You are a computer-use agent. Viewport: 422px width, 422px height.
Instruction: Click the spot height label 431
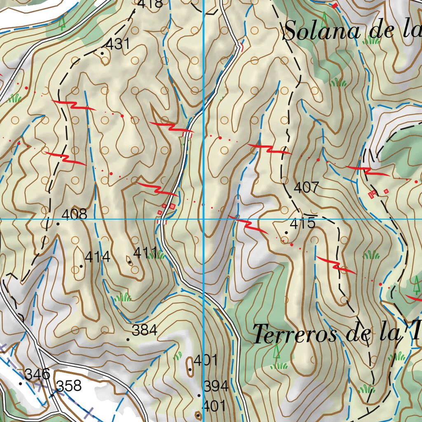pyautogui.click(x=118, y=44)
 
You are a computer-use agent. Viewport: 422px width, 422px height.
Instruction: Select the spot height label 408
pyautogui.click(x=74, y=214)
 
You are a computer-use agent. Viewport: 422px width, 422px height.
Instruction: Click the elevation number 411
pyautogui.click(x=145, y=252)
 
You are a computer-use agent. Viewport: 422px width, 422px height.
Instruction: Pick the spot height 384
pyautogui.click(x=144, y=330)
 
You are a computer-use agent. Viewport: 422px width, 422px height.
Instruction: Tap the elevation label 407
pyautogui.click(x=306, y=188)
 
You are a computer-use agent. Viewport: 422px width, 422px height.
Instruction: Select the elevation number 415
pyautogui.click(x=302, y=224)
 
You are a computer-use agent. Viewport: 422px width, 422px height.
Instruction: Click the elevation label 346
pyautogui.click(x=37, y=374)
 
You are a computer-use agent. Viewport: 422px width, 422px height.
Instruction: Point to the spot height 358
pyautogui.click(x=69, y=386)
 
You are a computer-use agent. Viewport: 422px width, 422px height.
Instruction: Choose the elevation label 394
pyautogui.click(x=216, y=386)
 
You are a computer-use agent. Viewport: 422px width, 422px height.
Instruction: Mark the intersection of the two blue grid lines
pyautogui.click(x=204, y=219)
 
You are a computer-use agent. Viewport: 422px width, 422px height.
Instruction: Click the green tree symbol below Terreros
pyautogui.click(x=277, y=351)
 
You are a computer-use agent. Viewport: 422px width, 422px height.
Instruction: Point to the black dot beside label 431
pyautogui.click(x=102, y=53)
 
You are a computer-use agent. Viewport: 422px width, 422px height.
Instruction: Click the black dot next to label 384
pyautogui.click(x=128, y=340)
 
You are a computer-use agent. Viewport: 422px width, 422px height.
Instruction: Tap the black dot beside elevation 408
pyautogui.click(x=58, y=224)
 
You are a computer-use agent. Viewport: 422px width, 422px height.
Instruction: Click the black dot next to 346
pyautogui.click(x=20, y=383)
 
